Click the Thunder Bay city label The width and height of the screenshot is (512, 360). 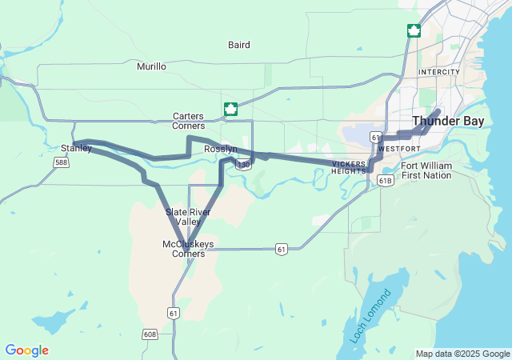coord(448,122)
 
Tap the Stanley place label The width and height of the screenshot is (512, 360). coord(76,148)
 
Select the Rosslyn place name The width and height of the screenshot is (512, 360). coord(220,150)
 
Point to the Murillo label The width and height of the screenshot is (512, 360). coord(151,66)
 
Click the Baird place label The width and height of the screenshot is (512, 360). coord(238,46)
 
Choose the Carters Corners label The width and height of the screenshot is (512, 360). coord(188,121)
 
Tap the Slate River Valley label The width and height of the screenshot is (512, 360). coord(188,217)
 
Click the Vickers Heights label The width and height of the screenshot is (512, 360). coord(349,167)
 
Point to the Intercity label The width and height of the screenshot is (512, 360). coord(439,72)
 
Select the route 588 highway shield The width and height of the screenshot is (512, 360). coord(61,162)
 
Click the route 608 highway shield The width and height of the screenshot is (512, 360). coord(150,334)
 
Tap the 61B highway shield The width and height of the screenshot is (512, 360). coord(386,181)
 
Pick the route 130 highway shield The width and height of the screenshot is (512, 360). coord(243,165)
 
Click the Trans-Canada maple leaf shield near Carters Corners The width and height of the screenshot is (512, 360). coord(230,109)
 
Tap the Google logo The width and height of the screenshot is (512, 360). coord(26,350)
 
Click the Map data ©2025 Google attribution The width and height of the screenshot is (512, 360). coord(462,354)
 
